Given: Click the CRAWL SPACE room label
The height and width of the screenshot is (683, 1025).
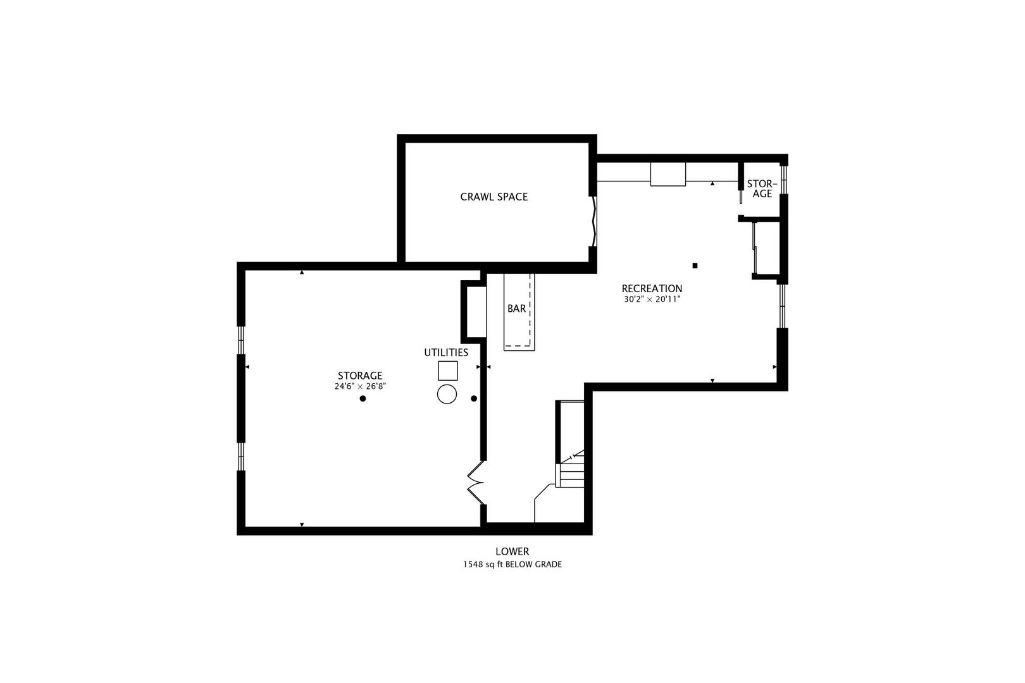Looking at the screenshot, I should [x=494, y=197].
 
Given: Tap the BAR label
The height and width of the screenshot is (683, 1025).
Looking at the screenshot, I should [x=516, y=309].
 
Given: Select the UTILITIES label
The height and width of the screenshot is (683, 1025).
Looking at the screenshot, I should [x=446, y=352].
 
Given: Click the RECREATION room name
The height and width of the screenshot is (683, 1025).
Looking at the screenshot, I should [x=652, y=288].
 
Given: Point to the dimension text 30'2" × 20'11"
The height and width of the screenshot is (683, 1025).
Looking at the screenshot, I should [x=652, y=299].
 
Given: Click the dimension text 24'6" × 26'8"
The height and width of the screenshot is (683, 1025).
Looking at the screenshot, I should [x=360, y=386].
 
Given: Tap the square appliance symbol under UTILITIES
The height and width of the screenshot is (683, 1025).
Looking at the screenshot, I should [x=447, y=371].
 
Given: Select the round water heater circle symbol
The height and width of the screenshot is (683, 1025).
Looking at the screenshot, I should [x=447, y=394].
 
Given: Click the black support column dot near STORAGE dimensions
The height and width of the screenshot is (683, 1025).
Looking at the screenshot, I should [x=363, y=398].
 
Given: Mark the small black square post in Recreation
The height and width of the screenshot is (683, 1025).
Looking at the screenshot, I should [x=695, y=266].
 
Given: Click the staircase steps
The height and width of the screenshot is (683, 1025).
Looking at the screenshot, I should [x=571, y=474].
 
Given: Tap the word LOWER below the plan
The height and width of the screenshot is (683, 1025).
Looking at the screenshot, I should [x=512, y=551].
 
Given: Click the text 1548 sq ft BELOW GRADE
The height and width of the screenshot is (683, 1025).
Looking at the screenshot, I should [x=512, y=564].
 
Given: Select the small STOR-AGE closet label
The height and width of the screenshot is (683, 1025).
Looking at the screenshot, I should [x=762, y=189].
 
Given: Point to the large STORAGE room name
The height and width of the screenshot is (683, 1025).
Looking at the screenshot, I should [x=360, y=376].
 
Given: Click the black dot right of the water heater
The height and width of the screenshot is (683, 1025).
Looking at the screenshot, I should [x=474, y=398].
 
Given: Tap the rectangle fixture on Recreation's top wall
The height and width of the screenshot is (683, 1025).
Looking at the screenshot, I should [x=668, y=174].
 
